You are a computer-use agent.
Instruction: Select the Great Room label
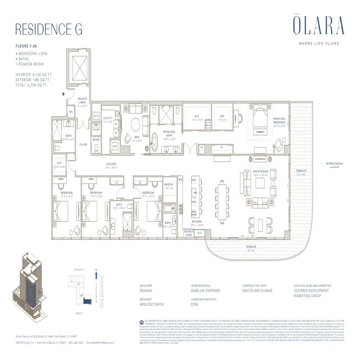pyautogui.click(x=261, y=171)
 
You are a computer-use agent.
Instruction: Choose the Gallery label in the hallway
pyautogui.click(x=112, y=165)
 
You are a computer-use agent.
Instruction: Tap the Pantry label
pyautogui.click(x=169, y=184)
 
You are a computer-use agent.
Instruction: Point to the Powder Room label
pyautogui.click(x=96, y=138)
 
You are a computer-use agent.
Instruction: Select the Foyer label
pyautogui.click(x=83, y=144)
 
